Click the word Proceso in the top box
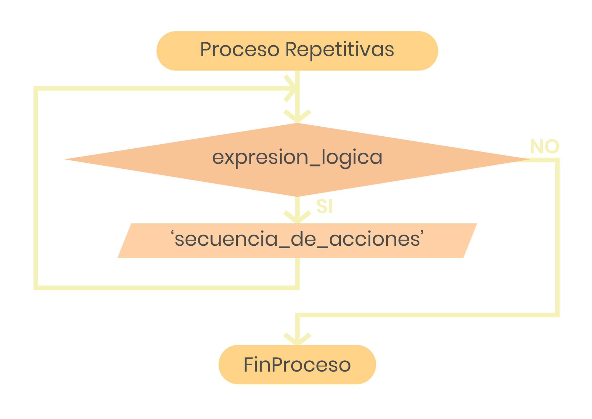(x=240, y=49)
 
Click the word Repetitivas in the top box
(x=340, y=50)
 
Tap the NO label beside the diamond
(x=545, y=147)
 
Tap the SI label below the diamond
(x=324, y=206)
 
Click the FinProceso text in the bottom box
(x=297, y=365)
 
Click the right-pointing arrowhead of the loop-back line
(x=290, y=89)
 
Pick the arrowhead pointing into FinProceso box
(x=297, y=339)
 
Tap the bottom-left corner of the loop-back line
(x=36, y=288)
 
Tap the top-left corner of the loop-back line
(x=36, y=89)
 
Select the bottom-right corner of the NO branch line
(x=557, y=315)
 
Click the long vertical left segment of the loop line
(x=36, y=190)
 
